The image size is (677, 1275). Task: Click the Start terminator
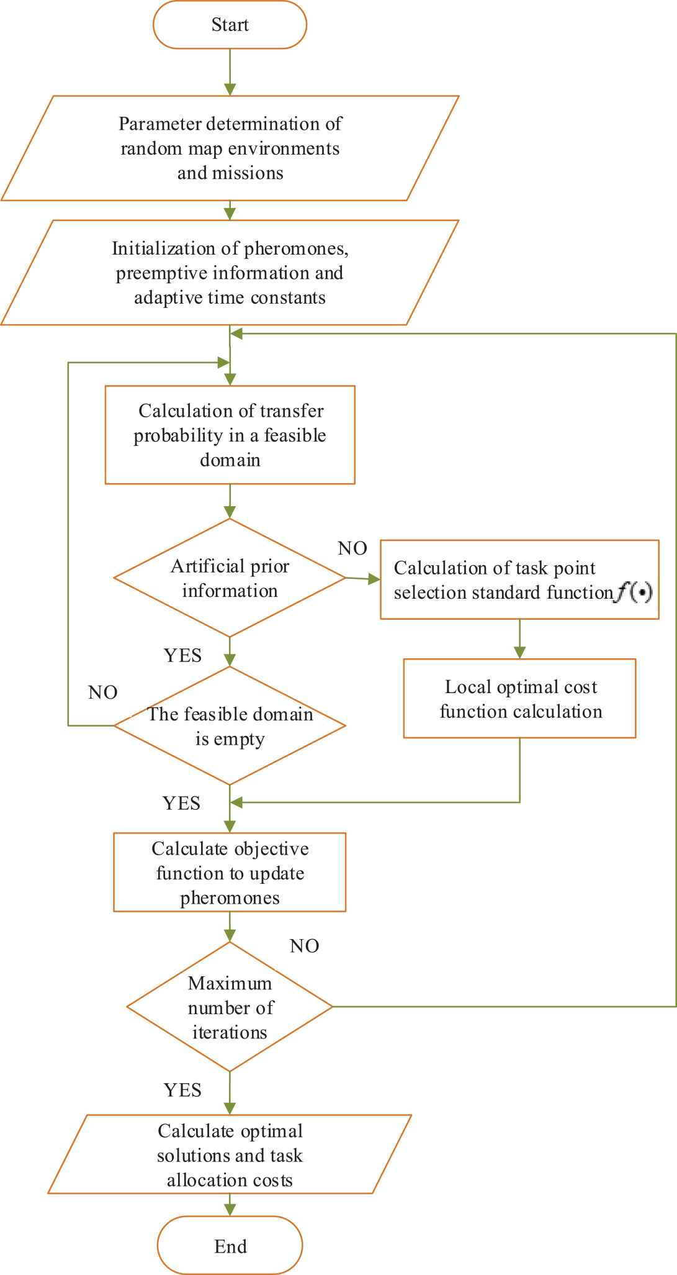(230, 25)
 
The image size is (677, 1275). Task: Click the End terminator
(230, 1246)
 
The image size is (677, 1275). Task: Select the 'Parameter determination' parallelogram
(230, 148)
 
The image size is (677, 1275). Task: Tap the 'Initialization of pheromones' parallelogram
(230, 272)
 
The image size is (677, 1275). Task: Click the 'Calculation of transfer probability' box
(230, 435)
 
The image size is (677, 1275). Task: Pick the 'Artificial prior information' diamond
(230, 578)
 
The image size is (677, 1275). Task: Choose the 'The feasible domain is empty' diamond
(230, 725)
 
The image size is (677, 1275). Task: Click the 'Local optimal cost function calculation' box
(520, 698)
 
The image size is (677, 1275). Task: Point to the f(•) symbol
(634, 593)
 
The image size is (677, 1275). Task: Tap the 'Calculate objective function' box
(230, 872)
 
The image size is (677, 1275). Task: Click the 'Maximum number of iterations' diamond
(230, 1006)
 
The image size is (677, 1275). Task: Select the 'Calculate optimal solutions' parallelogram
(230, 1154)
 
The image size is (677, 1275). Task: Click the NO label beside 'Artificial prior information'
(352, 548)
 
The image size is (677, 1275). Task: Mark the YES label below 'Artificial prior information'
(182, 655)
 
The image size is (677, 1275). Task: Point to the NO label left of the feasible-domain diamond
(103, 692)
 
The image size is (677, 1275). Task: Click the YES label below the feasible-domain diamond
(181, 803)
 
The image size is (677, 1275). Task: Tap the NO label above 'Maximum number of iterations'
(304, 945)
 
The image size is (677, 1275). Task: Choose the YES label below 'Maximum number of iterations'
(182, 1090)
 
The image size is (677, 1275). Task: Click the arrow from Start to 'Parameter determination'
(230, 72)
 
